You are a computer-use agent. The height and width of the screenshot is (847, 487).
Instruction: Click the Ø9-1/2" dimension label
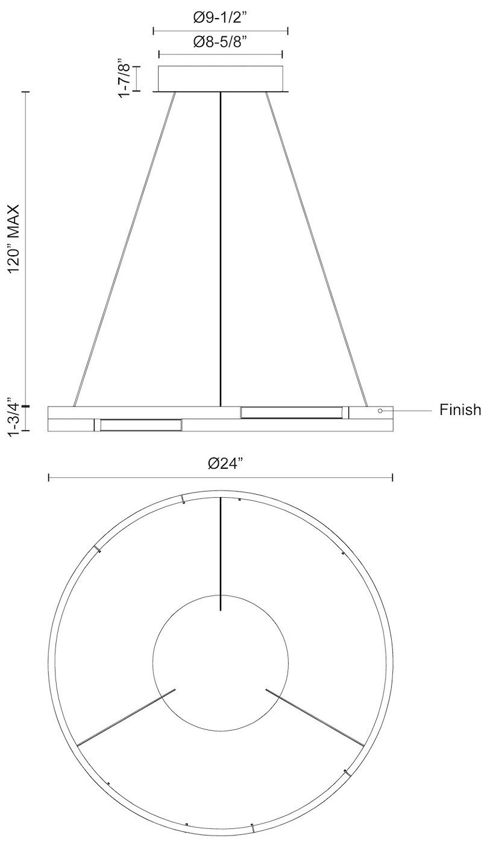(221, 18)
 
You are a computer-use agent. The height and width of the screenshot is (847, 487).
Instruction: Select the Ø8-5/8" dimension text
(221, 42)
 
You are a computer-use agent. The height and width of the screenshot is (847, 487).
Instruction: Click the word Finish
(460, 410)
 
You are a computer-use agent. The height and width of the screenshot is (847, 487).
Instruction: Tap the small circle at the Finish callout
(380, 411)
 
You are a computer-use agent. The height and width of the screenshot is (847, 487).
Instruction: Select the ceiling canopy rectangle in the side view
(221, 78)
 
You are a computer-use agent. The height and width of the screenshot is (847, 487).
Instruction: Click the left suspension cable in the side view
(124, 247)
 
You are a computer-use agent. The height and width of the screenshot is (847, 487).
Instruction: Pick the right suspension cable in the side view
(316, 247)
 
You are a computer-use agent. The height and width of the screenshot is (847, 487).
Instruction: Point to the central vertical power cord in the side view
(221, 247)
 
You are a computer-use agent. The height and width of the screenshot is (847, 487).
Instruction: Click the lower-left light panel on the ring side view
(140, 425)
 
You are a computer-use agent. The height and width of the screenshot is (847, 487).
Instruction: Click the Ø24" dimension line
(121, 478)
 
